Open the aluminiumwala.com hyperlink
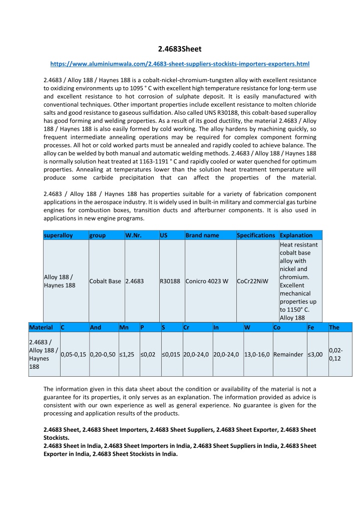coord(180,64)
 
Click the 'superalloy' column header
coord(59,235)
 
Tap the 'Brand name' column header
coord(202,235)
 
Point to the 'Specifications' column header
coord(256,235)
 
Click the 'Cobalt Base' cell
coord(105,281)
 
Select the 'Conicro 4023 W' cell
coord(207,281)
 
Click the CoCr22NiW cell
coord(253,281)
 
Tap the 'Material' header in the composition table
coord(41,327)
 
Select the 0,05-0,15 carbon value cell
coord(74,355)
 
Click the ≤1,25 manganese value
coord(128,355)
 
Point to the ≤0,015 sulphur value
coord(171,355)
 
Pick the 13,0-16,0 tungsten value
coord(257,355)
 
